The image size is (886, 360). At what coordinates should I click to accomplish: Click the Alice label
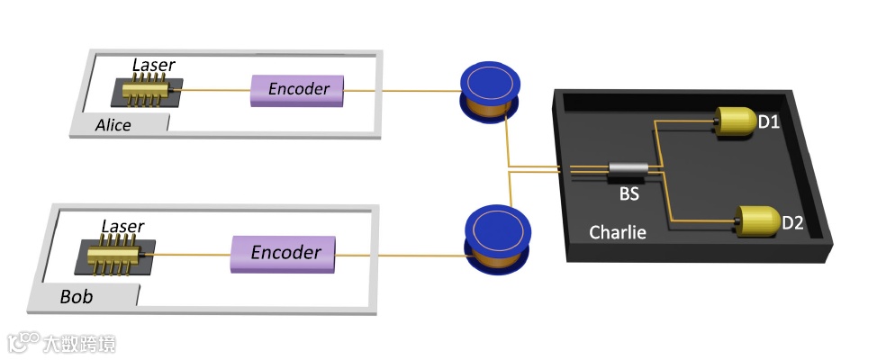pyautogui.click(x=113, y=125)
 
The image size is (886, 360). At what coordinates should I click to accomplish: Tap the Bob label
pyautogui.click(x=77, y=296)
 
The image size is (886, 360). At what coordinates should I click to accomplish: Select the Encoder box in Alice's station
pyautogui.click(x=297, y=90)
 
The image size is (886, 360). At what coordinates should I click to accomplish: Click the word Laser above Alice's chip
pyautogui.click(x=153, y=65)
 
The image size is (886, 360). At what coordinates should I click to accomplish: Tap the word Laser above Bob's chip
pyautogui.click(x=122, y=226)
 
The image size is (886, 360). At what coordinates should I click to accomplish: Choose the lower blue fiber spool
pyautogui.click(x=491, y=233)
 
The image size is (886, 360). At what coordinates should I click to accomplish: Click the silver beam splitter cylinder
pyautogui.click(x=628, y=169)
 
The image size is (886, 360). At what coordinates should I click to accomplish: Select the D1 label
pyautogui.click(x=768, y=121)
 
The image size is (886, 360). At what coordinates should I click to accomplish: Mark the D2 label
pyautogui.click(x=791, y=222)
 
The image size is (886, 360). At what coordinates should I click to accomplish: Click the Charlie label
pyautogui.click(x=618, y=232)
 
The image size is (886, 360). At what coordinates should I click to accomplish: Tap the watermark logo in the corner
pyautogui.click(x=61, y=343)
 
